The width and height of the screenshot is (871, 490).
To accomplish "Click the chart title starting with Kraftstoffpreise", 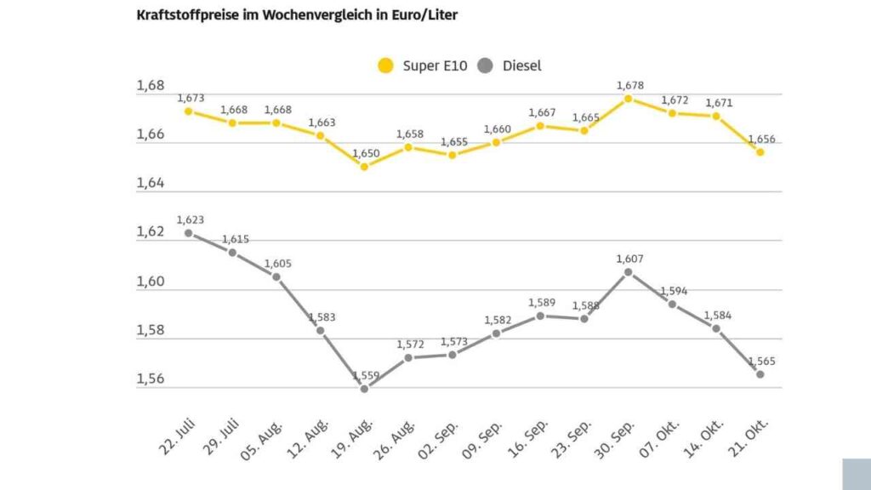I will coord(297,15).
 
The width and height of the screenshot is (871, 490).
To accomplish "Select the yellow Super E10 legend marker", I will coord(386,66).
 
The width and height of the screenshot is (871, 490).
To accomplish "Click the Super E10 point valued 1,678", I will coord(628,98).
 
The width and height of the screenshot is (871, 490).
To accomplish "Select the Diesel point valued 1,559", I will coord(364,389).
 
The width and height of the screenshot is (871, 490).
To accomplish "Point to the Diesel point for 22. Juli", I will coord(188,233).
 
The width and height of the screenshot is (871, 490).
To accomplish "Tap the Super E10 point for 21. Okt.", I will coord(760,152).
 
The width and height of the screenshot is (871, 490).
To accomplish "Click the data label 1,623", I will coord(190,219).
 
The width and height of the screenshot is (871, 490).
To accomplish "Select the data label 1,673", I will coord(190,99).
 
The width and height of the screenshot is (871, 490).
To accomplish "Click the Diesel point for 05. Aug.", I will coord(276,276).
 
